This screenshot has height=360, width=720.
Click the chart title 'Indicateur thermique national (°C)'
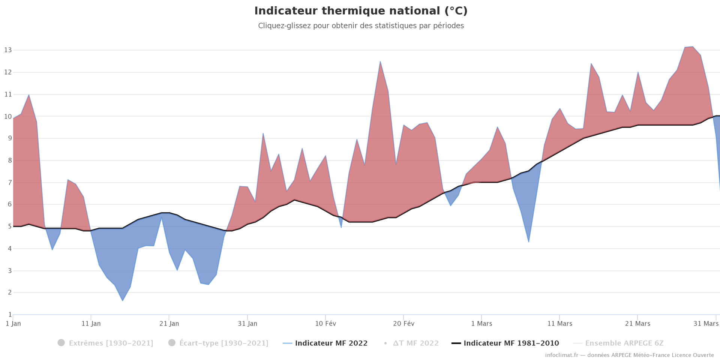361,11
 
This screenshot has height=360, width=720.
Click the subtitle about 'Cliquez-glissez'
361,26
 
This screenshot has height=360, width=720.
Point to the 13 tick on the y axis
8,50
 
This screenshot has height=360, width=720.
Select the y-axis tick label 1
10,315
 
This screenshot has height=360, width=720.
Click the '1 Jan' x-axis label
13,324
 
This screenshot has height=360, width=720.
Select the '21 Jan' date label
169,324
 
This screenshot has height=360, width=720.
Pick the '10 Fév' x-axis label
325,324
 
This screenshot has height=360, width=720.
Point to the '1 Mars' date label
481,324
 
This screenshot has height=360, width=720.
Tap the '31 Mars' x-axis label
706,324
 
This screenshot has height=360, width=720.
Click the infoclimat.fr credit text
629,355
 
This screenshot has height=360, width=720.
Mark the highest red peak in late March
692,47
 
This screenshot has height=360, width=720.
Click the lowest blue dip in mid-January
122,300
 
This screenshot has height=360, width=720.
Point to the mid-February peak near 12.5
380,61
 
